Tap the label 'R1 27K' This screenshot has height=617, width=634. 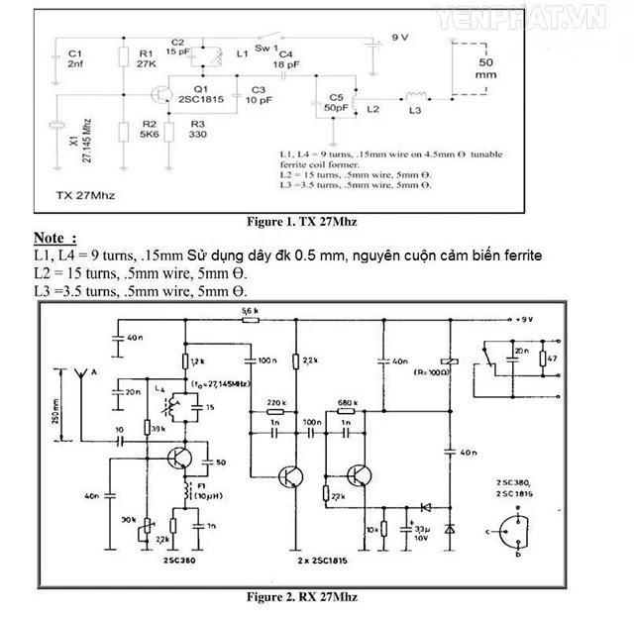[x=146, y=59]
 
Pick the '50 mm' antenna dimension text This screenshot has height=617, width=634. [x=486, y=68]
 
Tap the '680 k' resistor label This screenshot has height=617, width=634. [x=348, y=402]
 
